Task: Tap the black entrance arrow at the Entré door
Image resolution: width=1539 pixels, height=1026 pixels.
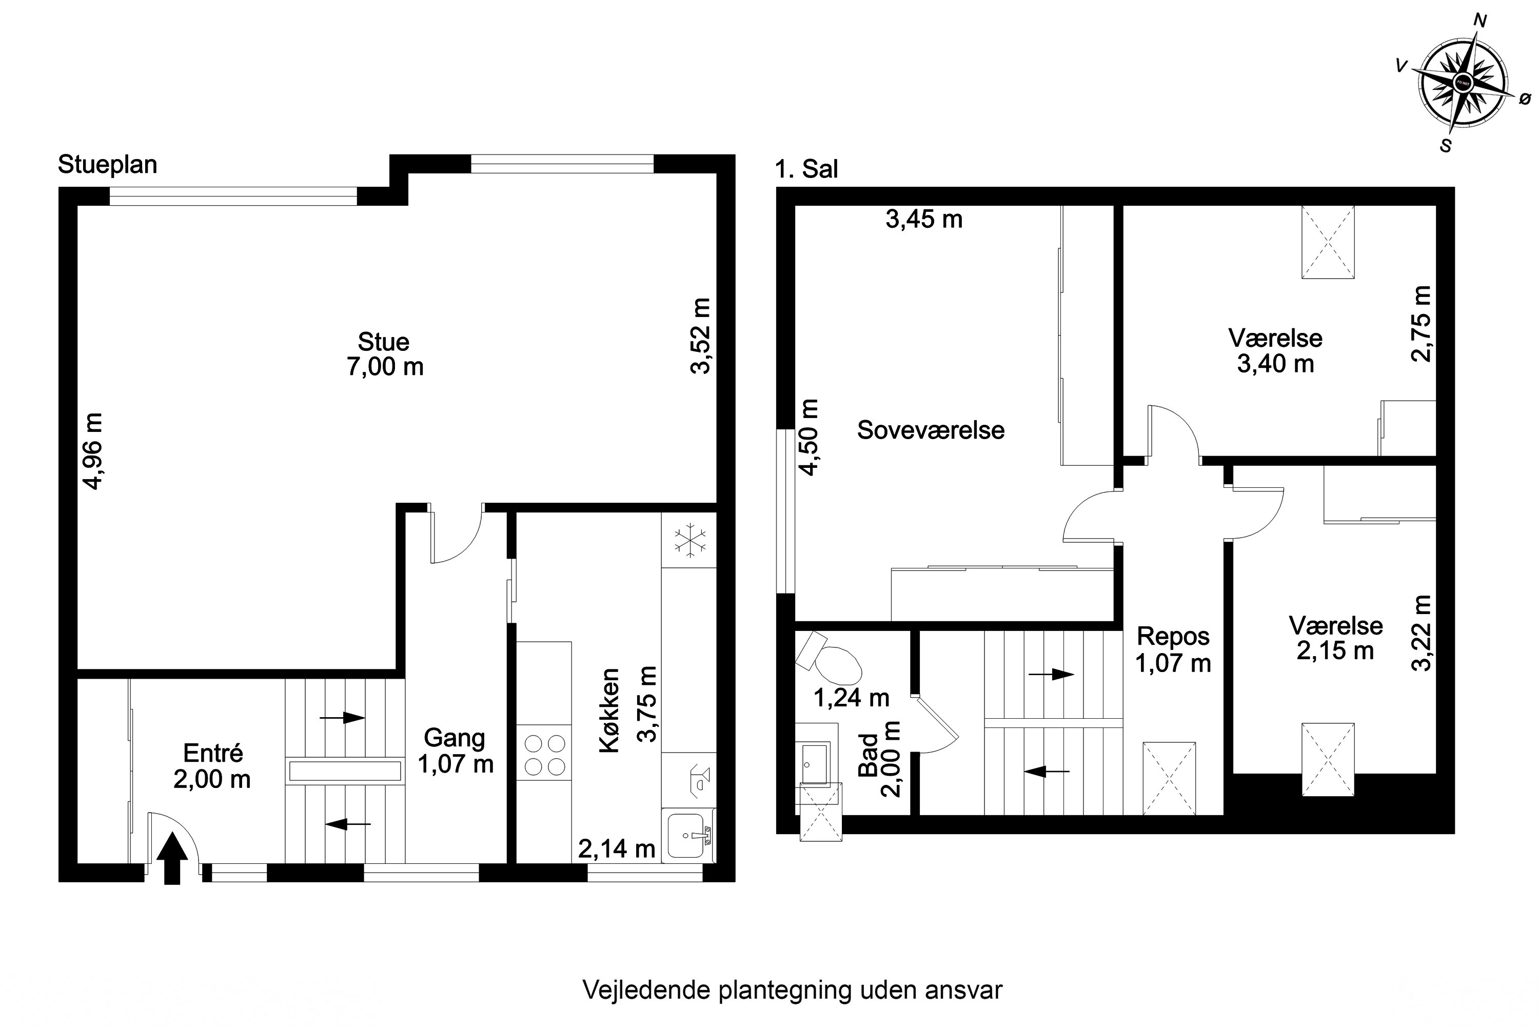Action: pos(172,858)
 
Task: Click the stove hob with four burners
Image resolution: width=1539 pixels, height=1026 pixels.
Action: pos(544,755)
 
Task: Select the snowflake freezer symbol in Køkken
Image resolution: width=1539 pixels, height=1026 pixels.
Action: pos(689,541)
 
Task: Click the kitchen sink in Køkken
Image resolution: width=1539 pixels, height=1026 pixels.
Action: pos(687,836)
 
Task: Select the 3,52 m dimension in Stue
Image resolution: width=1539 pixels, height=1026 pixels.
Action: pos(700,336)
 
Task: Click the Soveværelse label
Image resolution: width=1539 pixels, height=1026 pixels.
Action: pos(931,430)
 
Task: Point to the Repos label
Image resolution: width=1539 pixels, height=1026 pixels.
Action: pos(1173,636)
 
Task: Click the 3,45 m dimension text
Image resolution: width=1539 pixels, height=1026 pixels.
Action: pos(924,219)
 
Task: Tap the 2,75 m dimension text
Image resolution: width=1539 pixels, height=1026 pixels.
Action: pos(1420,324)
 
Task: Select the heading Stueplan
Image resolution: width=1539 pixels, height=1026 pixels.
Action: pos(107,164)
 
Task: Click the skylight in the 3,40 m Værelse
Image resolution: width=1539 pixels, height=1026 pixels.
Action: pos(1328,242)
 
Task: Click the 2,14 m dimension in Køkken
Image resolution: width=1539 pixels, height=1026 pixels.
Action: pos(617,849)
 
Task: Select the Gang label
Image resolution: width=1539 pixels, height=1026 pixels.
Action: pos(454,738)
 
